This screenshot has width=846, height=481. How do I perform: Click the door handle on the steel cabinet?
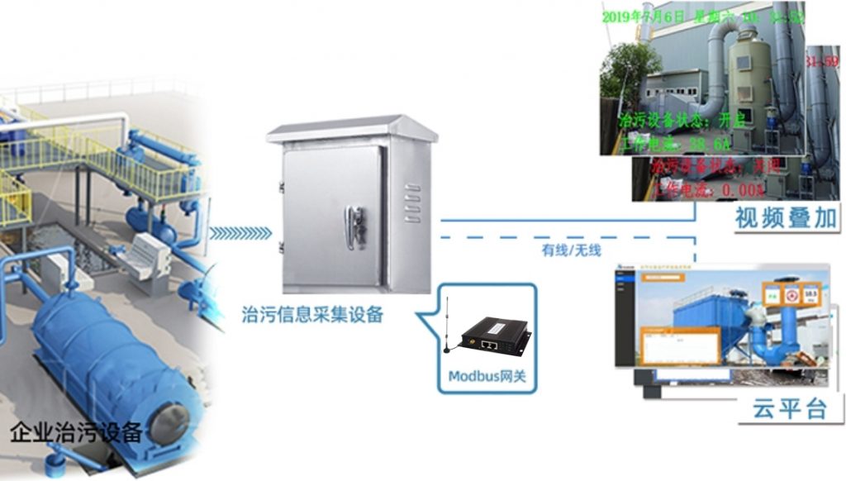point(356,226)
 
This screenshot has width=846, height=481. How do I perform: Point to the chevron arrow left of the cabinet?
point(239,233)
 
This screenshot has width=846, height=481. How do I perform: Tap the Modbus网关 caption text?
point(487,377)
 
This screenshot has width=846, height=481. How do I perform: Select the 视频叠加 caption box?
point(784,219)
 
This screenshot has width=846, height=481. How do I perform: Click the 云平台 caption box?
point(790,407)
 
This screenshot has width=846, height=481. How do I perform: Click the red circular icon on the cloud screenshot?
point(791,294)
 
